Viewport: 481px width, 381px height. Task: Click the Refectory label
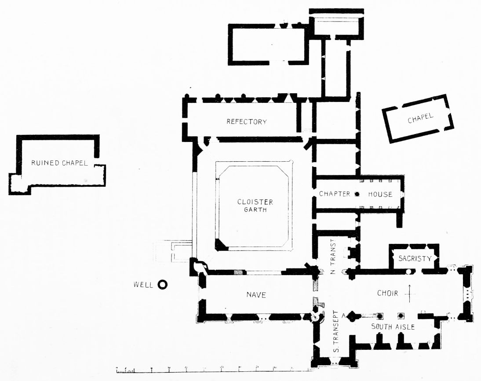(247, 122)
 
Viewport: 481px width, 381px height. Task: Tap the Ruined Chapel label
(59, 163)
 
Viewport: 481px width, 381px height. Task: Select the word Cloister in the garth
(255, 202)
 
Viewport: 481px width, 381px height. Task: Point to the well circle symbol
(162, 285)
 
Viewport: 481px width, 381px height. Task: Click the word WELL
(143, 285)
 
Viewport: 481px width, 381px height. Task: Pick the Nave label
(256, 295)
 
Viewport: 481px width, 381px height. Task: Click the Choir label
(387, 293)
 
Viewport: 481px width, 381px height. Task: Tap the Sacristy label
(415, 258)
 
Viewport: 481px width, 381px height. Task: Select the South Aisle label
(393, 327)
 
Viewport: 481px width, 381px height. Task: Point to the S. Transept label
(336, 332)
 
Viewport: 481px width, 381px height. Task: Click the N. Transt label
(334, 256)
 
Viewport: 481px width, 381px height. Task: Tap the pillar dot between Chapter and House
(357, 194)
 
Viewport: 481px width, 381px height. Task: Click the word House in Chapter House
(380, 194)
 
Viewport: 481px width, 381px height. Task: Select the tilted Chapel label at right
(420, 118)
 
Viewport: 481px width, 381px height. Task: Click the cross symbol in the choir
(410, 294)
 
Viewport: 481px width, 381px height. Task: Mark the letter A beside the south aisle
(343, 316)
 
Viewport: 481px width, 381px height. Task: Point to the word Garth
(255, 210)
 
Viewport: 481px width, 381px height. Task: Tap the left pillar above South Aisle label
(380, 316)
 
